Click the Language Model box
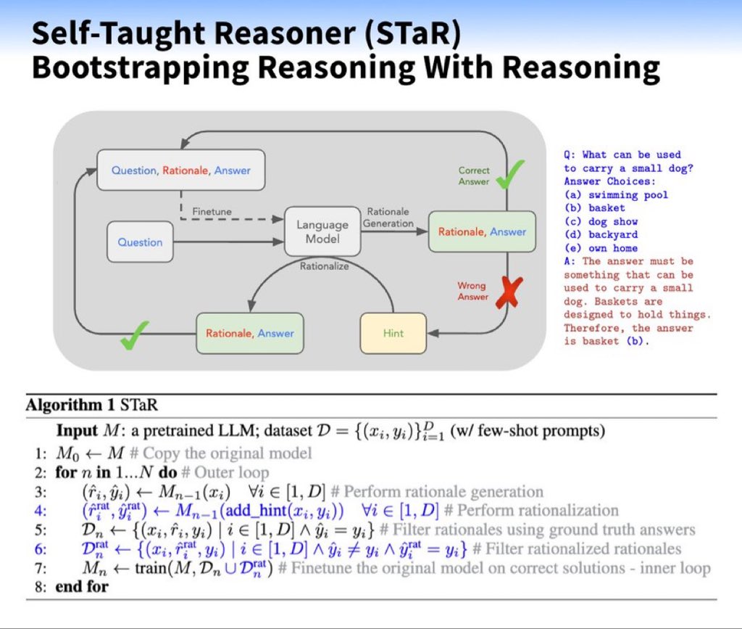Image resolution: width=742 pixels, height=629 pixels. coord(322,231)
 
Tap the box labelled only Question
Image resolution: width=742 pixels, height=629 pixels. coord(141,242)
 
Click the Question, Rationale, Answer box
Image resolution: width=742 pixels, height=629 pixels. coord(180,170)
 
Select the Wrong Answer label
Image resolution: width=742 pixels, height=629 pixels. coord(473,291)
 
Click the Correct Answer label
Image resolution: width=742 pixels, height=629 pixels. coord(474,176)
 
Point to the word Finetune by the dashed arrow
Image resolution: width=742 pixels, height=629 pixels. coord(212,211)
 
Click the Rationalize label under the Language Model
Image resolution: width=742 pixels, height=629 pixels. coord(324,266)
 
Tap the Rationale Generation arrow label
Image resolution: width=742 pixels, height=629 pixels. coord(388,218)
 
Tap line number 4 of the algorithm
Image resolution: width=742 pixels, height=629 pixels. coord(42,510)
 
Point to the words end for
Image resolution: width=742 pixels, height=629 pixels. coord(81,585)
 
